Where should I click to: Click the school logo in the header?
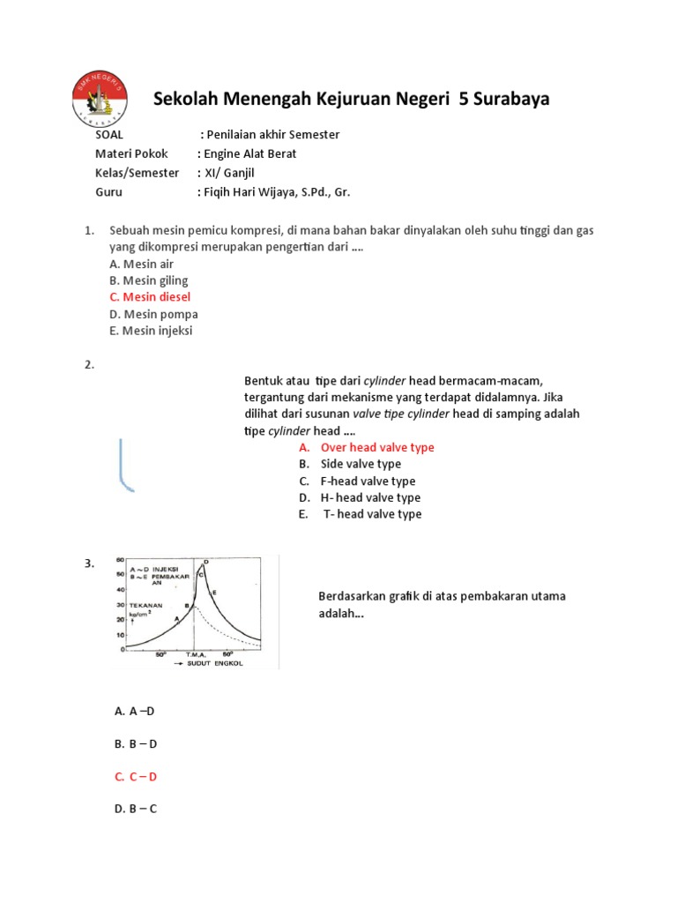tap(100, 98)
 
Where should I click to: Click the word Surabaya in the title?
tap(511, 99)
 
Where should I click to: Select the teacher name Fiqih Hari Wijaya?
tap(256, 191)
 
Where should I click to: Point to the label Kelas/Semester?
tap(137, 173)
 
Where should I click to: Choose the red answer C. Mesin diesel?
tap(150, 297)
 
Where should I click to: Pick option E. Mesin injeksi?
tap(151, 331)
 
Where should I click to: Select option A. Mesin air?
tap(143, 263)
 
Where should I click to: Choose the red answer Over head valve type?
tap(376, 447)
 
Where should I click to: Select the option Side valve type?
tap(361, 464)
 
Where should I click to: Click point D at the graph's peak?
tap(205, 562)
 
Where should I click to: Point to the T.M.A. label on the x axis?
tap(196, 655)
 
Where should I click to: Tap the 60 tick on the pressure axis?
tap(121, 561)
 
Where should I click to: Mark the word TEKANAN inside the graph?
tap(145, 606)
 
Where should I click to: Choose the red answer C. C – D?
tap(136, 776)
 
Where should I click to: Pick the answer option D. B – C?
tap(136, 808)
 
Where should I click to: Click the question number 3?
tap(89, 564)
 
